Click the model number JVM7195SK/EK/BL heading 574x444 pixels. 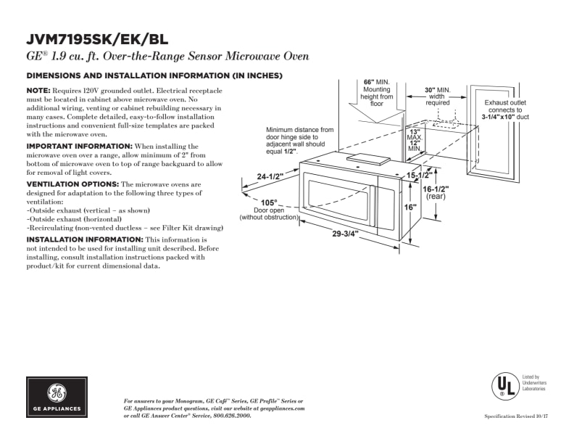[x=96, y=39]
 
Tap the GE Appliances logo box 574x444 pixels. [x=57, y=397]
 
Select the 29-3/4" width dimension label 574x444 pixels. [x=346, y=234]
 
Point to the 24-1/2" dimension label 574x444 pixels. [x=270, y=176]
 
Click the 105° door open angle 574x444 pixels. [x=269, y=202]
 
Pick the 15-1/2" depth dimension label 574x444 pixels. [x=420, y=176]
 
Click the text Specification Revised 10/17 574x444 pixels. [x=515, y=416]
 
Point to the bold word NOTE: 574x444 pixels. [x=38, y=90]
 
